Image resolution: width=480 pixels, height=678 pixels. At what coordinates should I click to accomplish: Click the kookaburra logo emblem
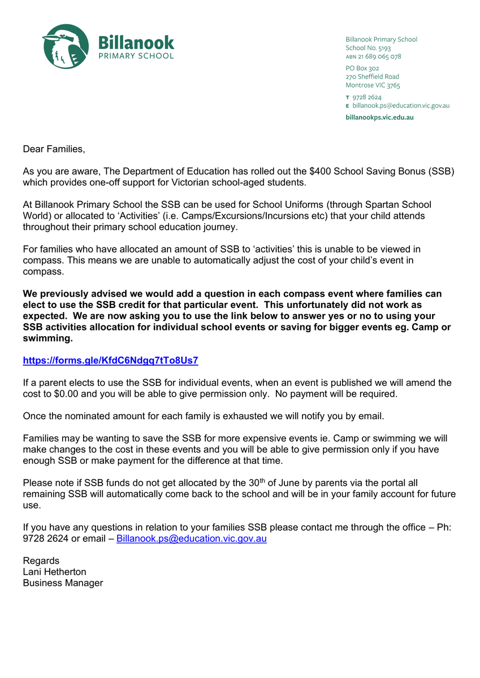pos(66,46)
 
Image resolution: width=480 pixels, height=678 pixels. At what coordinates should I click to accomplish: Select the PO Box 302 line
pos(362,68)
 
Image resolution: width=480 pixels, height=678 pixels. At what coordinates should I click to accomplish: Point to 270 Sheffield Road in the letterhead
pos(372,77)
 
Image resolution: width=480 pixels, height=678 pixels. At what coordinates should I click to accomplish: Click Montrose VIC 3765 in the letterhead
pos(373,85)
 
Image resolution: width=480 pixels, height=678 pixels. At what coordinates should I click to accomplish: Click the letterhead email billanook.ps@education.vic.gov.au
pos(401,106)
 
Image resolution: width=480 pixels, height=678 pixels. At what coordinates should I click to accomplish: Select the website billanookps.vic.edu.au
pos(379,118)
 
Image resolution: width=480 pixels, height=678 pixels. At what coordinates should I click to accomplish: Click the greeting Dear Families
pos(54,149)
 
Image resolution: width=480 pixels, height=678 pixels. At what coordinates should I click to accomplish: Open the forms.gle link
pos(110,360)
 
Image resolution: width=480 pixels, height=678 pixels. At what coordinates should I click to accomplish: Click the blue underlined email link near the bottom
pos(191,539)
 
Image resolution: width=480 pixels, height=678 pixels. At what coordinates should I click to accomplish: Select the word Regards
pos(41,560)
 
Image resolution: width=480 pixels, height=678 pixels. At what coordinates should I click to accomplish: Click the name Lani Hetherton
pos(54,572)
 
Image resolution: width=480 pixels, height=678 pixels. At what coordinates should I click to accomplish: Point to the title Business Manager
pos(63,583)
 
